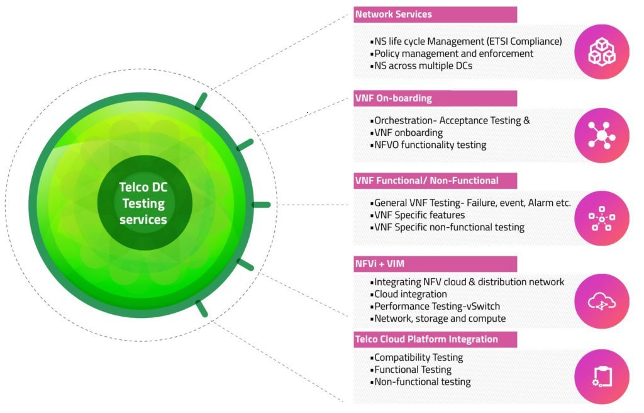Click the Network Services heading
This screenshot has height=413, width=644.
point(394,14)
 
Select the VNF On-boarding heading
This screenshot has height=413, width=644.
point(394,98)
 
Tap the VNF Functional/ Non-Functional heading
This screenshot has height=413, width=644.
point(427,181)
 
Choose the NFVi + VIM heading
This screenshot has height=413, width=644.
point(379,264)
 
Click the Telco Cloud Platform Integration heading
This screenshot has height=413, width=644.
point(426,339)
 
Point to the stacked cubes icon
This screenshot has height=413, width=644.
point(602,52)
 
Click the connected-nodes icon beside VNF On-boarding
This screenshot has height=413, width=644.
point(602,135)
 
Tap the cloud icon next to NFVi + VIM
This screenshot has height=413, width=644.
point(602,302)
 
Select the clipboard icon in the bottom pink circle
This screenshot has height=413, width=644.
point(602,376)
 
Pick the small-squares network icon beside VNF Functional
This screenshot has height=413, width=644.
point(602,218)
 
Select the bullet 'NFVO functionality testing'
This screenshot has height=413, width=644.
point(428,145)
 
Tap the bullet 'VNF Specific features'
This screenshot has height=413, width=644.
point(418,215)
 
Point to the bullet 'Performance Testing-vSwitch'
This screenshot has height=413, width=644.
point(435,307)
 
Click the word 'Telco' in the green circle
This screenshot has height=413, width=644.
point(131,187)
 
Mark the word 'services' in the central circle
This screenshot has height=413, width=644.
point(143,220)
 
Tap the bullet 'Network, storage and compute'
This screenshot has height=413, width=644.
point(438,319)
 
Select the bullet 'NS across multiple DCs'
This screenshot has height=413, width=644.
point(421,66)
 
